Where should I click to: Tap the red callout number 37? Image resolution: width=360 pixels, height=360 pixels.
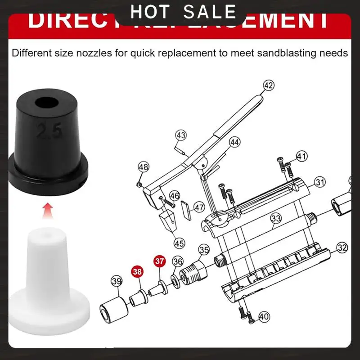point(159,261)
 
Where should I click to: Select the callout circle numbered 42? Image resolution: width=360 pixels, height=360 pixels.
point(269,85)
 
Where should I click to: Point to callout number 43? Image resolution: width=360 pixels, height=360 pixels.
point(181,135)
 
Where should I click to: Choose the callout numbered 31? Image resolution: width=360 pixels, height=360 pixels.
point(319,182)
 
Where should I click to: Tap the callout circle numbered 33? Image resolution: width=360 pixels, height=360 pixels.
point(276,219)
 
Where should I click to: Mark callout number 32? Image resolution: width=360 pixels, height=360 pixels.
point(342,247)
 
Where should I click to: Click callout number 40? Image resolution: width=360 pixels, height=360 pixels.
point(264,316)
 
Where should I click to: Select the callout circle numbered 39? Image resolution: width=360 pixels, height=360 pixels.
point(117,282)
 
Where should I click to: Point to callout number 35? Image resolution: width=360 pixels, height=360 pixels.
point(204,250)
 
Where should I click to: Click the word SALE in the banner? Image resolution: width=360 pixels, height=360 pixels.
point(210,12)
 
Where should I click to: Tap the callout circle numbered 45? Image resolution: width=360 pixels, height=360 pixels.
point(180,243)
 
